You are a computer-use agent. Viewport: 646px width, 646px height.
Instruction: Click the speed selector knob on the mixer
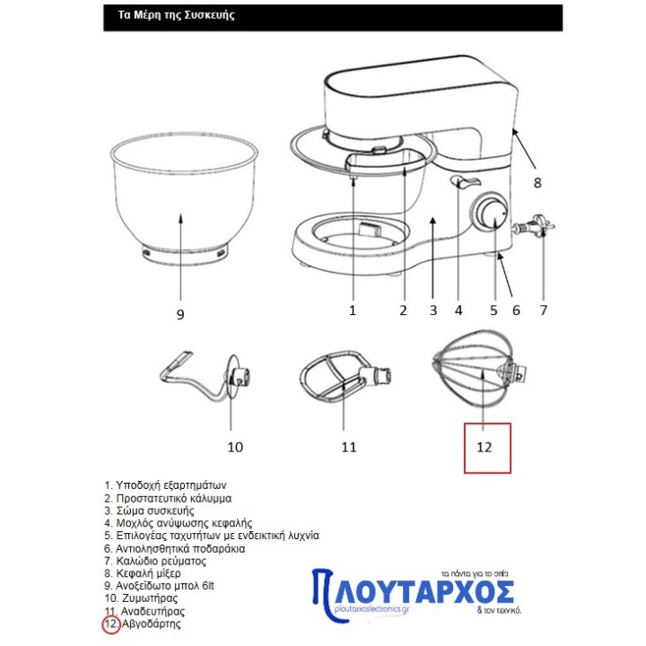pyautogui.click(x=490, y=212)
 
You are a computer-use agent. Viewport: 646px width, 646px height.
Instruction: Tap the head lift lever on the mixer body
pyautogui.click(x=465, y=181)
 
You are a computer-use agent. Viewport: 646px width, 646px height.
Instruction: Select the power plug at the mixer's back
pyautogui.click(x=534, y=225)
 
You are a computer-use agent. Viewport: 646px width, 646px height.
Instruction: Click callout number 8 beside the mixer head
pyautogui.click(x=537, y=182)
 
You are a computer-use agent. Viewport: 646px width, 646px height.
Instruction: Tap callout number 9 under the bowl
pyautogui.click(x=180, y=315)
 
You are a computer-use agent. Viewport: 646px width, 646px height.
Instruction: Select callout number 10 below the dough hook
pyautogui.click(x=235, y=447)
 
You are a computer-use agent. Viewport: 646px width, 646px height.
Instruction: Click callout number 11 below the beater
pyautogui.click(x=348, y=447)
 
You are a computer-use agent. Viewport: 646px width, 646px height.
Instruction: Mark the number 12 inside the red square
pyautogui.click(x=484, y=447)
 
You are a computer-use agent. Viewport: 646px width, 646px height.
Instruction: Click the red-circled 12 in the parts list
pyautogui.click(x=111, y=624)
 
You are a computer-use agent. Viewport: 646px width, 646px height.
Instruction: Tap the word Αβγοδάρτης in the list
pyautogui.click(x=152, y=624)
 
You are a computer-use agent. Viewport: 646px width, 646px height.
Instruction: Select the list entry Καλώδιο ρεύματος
pyautogui.click(x=161, y=561)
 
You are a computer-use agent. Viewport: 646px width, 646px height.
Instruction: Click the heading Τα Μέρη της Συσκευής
pyautogui.click(x=177, y=15)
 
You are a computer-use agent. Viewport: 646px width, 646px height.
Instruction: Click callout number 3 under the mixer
pyautogui.click(x=433, y=310)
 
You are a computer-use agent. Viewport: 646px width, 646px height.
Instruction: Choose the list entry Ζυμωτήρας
pyautogui.click(x=147, y=598)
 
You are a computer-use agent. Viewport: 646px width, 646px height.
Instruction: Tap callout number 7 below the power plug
pyautogui.click(x=544, y=310)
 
